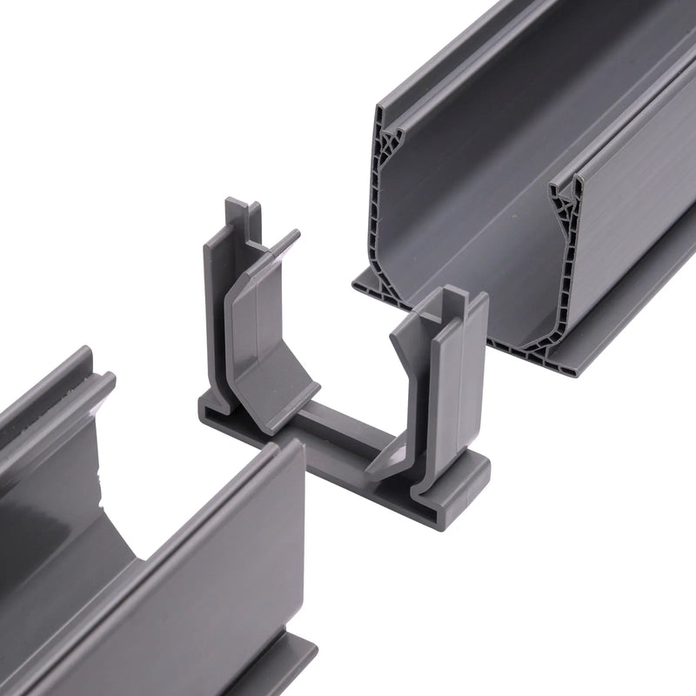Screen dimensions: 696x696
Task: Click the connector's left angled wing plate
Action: tap(261, 339)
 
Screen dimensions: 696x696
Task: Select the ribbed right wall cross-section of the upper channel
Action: tap(565, 261)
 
